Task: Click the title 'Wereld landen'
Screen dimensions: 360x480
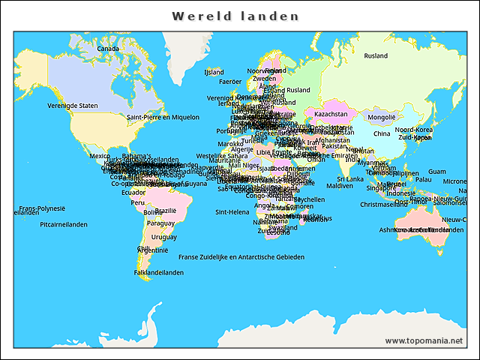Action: (x=235, y=16)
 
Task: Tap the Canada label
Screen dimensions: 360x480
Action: (x=108, y=49)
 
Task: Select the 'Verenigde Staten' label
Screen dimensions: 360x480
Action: (x=73, y=106)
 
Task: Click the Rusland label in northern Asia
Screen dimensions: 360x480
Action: (x=376, y=56)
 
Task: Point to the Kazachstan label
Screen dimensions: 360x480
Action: (x=331, y=114)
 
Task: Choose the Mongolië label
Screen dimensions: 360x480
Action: (x=381, y=117)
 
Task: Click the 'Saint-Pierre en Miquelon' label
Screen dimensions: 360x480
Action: (x=163, y=117)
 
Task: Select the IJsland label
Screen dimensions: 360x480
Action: (x=214, y=73)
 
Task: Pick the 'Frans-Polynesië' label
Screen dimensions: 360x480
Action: (x=42, y=208)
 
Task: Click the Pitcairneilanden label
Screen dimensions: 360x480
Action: (x=64, y=224)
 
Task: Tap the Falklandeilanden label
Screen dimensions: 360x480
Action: (x=159, y=272)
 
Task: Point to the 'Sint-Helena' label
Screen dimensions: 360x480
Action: (x=232, y=212)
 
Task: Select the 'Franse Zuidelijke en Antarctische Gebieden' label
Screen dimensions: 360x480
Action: (x=241, y=256)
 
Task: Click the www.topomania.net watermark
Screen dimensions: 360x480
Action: (x=424, y=340)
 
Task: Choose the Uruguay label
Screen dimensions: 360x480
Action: (x=164, y=237)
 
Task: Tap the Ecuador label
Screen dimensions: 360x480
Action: (x=133, y=192)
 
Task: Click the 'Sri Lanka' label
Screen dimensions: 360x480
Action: (x=349, y=179)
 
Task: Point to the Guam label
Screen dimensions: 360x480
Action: (x=436, y=172)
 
